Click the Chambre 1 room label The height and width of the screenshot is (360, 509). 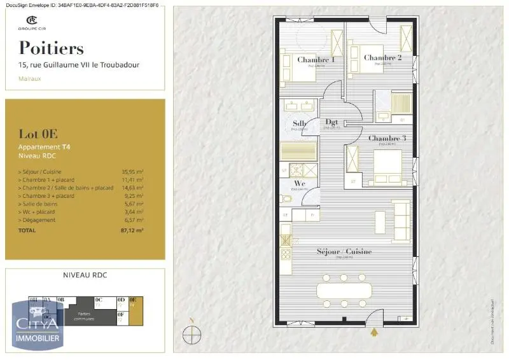coord(316,60)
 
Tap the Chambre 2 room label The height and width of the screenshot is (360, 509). coord(382,58)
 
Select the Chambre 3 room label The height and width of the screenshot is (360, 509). coord(386,139)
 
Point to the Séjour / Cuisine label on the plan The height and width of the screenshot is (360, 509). coord(344,252)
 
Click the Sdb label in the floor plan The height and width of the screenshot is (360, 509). coord(300,123)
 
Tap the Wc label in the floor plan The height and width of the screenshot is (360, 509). coord(300,183)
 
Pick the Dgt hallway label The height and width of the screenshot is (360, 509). coord(331,121)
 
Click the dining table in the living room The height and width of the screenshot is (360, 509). coord(344,291)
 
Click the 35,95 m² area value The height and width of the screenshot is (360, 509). coord(132,172)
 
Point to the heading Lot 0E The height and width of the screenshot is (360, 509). coord(38,134)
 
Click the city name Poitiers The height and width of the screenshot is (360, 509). coord(51,48)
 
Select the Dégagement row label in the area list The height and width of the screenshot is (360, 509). coord(38,220)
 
